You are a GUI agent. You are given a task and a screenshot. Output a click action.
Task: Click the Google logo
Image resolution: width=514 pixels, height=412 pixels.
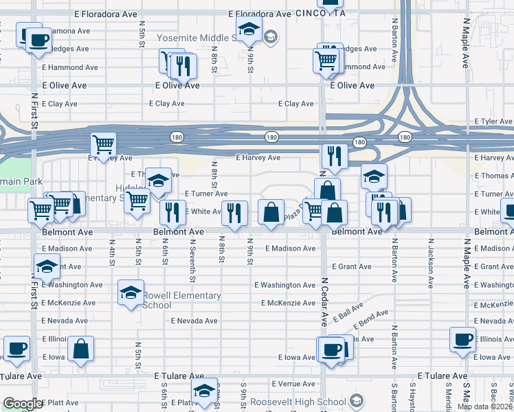22,404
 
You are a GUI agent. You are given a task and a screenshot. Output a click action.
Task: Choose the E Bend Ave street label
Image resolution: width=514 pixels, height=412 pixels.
371,320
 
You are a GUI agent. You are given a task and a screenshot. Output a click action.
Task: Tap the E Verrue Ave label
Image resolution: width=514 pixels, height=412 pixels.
293,384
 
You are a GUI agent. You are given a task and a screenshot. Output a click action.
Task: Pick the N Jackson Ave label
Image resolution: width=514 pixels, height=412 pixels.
431,261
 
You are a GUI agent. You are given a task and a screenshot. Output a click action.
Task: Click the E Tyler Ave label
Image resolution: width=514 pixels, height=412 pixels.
493,122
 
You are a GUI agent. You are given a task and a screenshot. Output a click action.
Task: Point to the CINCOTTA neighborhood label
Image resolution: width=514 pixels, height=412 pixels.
320,13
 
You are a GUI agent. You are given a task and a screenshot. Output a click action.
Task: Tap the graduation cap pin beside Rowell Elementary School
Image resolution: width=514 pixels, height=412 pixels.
131,293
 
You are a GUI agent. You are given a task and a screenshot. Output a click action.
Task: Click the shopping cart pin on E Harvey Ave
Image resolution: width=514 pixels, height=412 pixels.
104,145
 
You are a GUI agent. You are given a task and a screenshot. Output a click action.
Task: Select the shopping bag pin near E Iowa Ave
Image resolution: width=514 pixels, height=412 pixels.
81,348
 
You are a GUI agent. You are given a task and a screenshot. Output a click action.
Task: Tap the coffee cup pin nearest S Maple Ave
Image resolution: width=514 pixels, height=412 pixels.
462,339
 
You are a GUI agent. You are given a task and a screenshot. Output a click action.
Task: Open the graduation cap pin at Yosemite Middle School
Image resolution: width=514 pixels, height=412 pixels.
249,29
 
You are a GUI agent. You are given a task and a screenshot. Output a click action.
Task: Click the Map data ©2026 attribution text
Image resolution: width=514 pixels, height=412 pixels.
485,407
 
